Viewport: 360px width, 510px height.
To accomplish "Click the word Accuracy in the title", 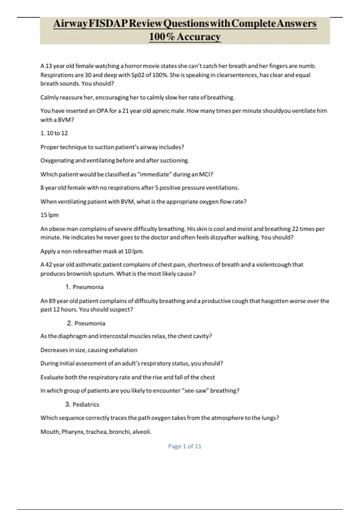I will pos(199,37).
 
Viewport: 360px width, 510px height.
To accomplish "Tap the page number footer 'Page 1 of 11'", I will pos(184,446).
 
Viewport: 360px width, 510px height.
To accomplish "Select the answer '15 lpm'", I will pos(49,215).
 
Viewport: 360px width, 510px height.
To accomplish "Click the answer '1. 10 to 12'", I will pos(54,133).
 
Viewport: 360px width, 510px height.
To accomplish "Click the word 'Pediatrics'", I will pos(86,405).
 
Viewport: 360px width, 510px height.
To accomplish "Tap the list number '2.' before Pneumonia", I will pos(70,323).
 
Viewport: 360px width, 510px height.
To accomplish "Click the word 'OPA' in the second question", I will pos(102,111).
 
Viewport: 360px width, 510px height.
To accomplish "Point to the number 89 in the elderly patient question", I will pos(52,301).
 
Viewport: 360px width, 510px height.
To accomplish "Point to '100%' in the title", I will pos(162,37).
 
